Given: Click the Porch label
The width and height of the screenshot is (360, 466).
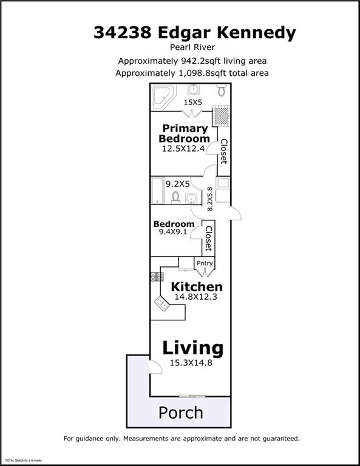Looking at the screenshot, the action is [x=181, y=413].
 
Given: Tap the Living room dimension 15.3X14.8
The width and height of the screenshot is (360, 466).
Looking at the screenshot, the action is [x=191, y=363].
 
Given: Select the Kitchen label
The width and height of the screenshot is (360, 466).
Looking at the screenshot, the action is [x=197, y=287].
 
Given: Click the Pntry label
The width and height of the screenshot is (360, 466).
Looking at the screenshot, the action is [x=205, y=263].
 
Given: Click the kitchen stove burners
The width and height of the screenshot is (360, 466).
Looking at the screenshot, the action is [x=157, y=277].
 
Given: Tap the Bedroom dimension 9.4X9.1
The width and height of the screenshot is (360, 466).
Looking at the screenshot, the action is [x=173, y=232].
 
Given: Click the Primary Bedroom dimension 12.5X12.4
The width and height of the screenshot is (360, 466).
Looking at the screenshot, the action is [x=183, y=149].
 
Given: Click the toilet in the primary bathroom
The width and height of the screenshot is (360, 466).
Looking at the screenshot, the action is [x=222, y=89].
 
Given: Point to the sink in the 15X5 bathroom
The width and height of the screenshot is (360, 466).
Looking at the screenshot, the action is [x=194, y=89].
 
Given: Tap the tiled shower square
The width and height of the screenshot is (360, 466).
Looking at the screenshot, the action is [x=222, y=116].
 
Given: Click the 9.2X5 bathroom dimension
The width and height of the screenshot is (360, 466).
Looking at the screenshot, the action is [x=177, y=184].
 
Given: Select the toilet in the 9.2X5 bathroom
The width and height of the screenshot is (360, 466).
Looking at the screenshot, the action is [x=175, y=198].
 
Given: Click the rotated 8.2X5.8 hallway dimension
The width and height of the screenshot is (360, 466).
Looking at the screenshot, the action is [x=210, y=199].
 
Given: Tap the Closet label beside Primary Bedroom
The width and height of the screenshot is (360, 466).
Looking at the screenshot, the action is [x=224, y=151].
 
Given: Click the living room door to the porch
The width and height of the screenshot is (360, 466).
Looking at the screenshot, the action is [x=155, y=366].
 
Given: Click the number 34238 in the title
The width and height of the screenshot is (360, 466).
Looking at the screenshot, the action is [x=123, y=32].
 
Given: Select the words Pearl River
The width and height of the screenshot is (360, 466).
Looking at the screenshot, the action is [x=192, y=47].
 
